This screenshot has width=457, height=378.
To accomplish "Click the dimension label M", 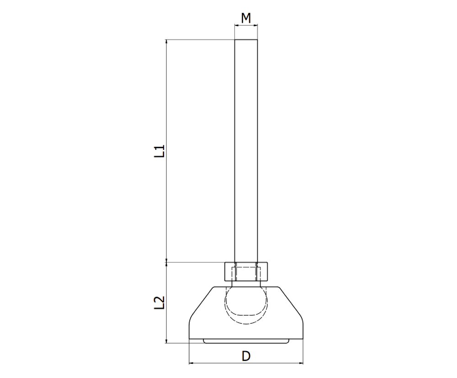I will (246, 18).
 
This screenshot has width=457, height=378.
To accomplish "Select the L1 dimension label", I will (159, 151).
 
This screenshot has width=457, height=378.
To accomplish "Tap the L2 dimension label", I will (159, 303).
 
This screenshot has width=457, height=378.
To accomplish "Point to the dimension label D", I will (246, 356).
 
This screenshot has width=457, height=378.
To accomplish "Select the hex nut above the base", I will (246, 272).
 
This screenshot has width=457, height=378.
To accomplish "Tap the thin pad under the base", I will (246, 341).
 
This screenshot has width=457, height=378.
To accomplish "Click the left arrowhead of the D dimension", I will (191, 364).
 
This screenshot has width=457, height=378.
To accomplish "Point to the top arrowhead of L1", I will (167, 42).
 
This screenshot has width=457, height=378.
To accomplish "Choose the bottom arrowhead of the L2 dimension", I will (167, 340).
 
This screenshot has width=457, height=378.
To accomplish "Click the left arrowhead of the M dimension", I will (236, 26).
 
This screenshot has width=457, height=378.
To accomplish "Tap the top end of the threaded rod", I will (246, 41).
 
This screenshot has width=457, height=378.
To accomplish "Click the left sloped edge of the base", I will (200, 302).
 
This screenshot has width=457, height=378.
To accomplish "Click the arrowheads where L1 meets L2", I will (167, 262).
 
